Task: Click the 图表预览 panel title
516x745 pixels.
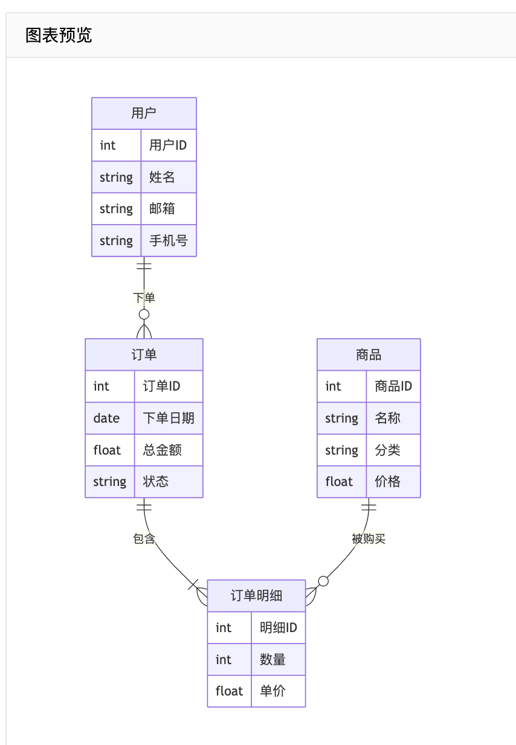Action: click(x=59, y=35)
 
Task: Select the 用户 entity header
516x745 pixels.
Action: click(x=144, y=114)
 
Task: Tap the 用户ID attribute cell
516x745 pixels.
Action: click(x=168, y=145)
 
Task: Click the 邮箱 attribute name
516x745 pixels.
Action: click(x=162, y=209)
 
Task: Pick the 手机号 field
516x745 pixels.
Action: click(x=168, y=241)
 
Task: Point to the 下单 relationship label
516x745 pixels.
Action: click(x=144, y=298)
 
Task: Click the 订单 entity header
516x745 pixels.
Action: click(x=144, y=354)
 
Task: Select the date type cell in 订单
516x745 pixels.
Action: click(x=107, y=418)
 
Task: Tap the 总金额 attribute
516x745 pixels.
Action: click(x=163, y=450)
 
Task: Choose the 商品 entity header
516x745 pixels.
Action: click(x=369, y=354)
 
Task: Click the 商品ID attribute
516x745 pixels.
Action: click(x=393, y=386)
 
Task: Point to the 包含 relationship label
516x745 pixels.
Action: click(x=144, y=539)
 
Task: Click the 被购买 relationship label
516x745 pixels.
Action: click(x=369, y=539)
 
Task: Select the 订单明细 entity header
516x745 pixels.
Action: click(x=256, y=596)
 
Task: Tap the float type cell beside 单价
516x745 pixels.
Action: click(x=230, y=691)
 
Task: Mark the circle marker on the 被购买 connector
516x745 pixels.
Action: click(x=323, y=581)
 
